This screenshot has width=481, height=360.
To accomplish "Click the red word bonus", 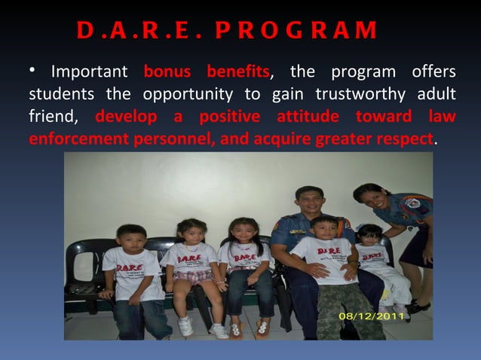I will coord(167,73).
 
